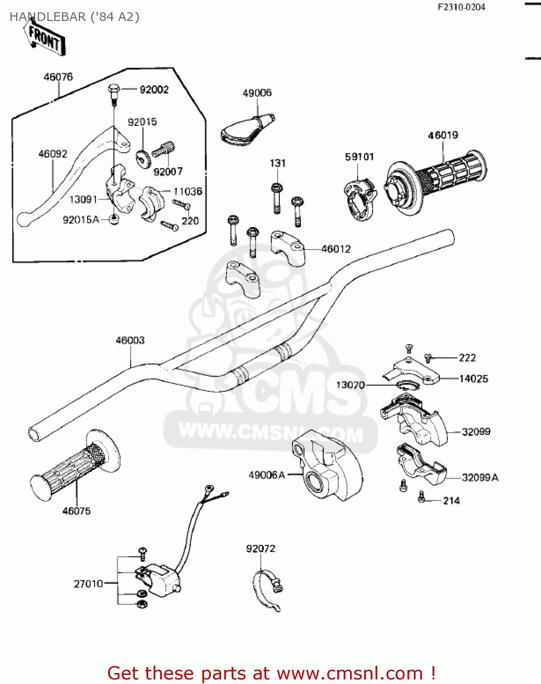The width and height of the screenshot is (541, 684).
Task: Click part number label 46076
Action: [x=58, y=77]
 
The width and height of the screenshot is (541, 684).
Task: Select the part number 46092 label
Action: [x=53, y=154]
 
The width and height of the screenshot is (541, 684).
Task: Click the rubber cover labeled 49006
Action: [x=247, y=130]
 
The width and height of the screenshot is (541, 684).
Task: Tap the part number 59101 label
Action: [x=359, y=157]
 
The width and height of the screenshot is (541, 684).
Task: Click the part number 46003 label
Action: [x=130, y=340]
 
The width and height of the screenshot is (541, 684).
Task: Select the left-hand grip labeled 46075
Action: [x=73, y=465]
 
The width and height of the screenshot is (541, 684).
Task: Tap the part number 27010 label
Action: [x=88, y=584]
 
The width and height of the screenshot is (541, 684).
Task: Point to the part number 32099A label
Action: [x=480, y=477]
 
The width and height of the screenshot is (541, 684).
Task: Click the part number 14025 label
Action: [x=474, y=378]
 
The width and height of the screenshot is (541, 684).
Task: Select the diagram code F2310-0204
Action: [x=461, y=7]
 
